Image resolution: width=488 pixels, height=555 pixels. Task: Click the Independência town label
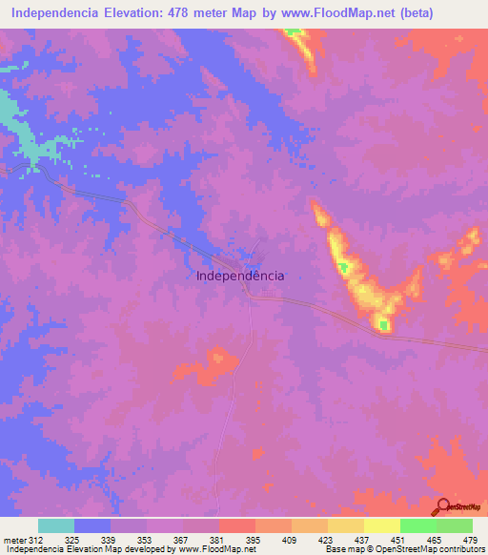pos(239,275)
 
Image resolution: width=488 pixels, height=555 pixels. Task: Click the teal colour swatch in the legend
pos(56,525)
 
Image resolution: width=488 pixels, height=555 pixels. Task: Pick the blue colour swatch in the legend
pos(92,525)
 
